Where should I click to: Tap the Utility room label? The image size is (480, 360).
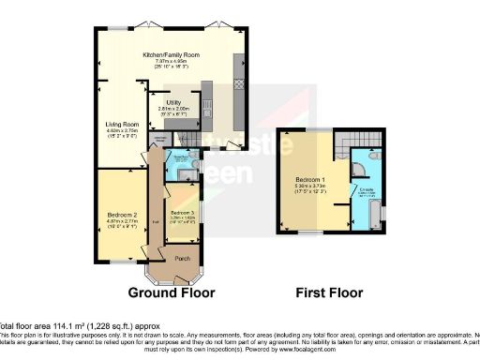pos(173,102)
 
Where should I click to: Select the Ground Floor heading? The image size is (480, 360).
pos(172,292)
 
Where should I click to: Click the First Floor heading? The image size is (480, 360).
pos(329,292)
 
